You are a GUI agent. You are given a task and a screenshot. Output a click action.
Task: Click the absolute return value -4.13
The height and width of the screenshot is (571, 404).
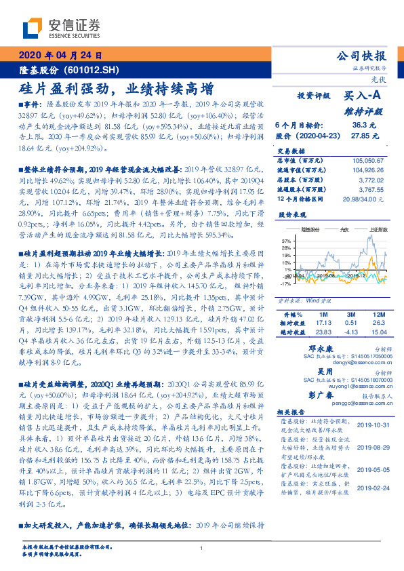pos(350,332)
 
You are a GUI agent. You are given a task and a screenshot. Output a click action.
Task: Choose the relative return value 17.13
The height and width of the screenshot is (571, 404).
pos(321,323)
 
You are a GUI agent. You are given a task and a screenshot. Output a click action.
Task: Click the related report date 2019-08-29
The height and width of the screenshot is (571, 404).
pos(373,448)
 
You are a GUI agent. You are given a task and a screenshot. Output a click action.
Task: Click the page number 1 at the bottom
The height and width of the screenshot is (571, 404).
pos(202,548)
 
